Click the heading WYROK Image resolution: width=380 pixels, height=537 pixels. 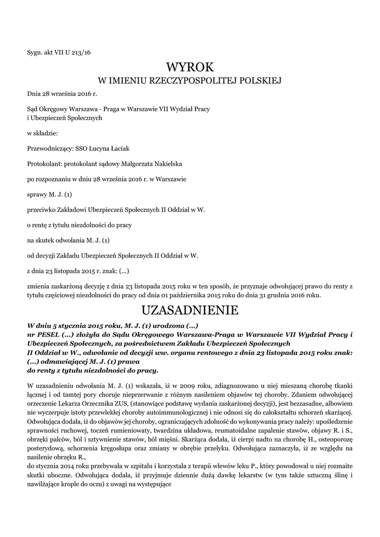coord(190,68)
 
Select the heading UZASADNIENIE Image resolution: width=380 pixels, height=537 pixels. coord(190,310)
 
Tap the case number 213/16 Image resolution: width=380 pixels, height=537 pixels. coord(82,52)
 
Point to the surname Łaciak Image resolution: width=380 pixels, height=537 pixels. coord(113,149)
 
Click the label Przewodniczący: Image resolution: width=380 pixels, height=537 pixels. coord(50,149)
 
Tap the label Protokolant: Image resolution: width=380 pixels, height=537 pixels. coord(44,164)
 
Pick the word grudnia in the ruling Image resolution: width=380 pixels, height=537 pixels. coord(280,295)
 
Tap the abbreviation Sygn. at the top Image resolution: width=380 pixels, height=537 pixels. coord(36,52)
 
